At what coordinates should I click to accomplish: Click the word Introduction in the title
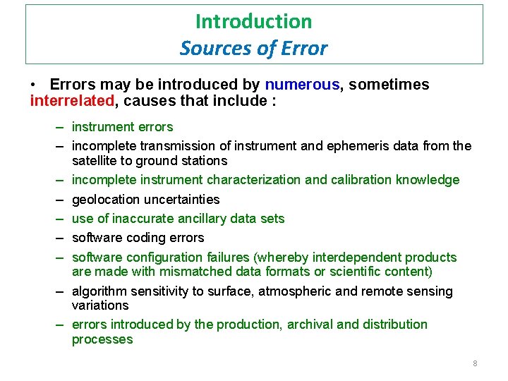pyautogui.click(x=253, y=21)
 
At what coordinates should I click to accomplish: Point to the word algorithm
pyautogui.click(x=99, y=291)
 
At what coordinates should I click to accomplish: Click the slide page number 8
pyautogui.click(x=475, y=363)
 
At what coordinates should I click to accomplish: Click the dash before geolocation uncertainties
pyautogui.click(x=61, y=200)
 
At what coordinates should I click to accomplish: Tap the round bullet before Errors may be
pyautogui.click(x=34, y=85)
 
